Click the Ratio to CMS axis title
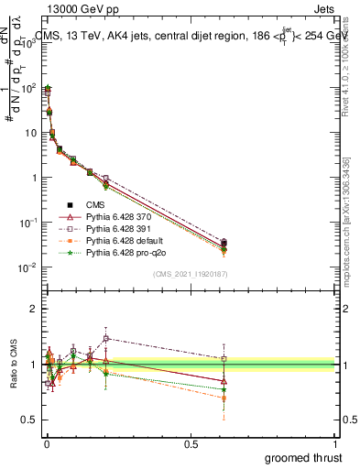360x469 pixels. click(x=14, y=365)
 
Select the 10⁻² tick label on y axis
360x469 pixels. click(x=26, y=267)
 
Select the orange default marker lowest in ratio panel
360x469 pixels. click(x=224, y=398)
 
